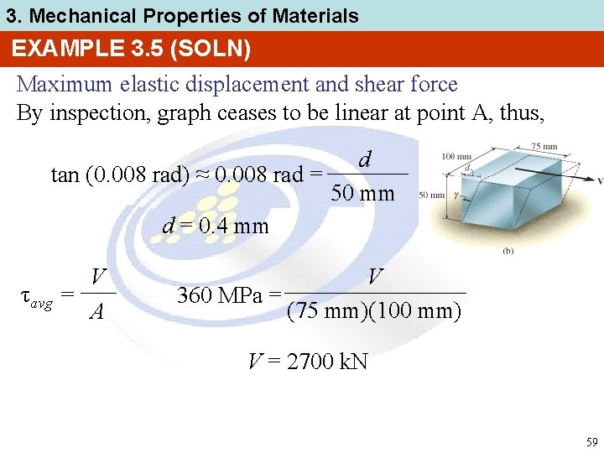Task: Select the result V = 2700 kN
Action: click(308, 362)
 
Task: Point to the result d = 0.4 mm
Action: click(216, 226)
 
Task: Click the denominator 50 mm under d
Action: click(363, 194)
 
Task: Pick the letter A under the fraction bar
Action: click(97, 313)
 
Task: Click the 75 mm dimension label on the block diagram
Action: click(544, 147)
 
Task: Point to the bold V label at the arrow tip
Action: click(600, 181)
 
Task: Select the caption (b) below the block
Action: click(508, 251)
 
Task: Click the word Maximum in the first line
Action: click(63, 85)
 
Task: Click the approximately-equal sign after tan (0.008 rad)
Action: click(206, 174)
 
